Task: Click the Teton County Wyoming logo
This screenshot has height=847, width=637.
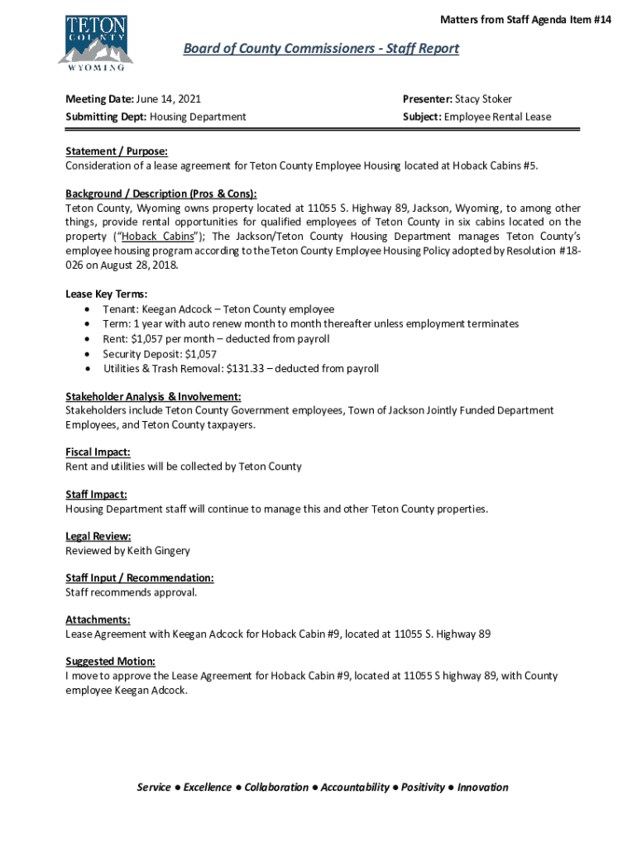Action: point(95,40)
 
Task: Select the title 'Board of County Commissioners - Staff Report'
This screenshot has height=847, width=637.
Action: point(321,49)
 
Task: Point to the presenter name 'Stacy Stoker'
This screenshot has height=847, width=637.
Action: point(483,99)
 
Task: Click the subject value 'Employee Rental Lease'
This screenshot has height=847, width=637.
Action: point(497,117)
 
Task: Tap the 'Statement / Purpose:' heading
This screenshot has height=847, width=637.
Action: point(117,152)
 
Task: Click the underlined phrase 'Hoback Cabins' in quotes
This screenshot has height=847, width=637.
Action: point(156,236)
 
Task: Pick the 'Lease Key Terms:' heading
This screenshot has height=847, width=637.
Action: point(107,294)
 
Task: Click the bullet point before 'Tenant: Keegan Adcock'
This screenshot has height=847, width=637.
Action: point(88,309)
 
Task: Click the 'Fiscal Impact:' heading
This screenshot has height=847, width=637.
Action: point(98,452)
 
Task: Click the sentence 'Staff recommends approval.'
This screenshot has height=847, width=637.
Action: point(132,592)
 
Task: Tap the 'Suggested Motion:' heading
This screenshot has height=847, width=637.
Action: point(110,661)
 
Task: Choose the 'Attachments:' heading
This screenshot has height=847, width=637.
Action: point(98,620)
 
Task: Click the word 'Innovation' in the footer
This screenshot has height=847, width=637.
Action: point(482,787)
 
